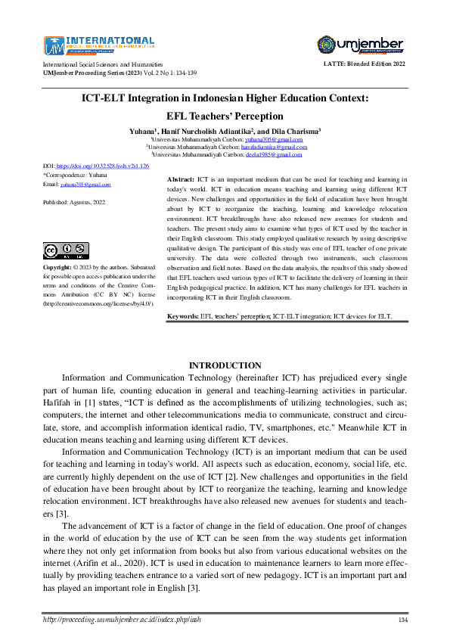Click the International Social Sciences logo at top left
(99, 45)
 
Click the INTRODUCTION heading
(225, 365)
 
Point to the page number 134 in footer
(403, 620)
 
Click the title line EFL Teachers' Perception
(225, 116)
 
